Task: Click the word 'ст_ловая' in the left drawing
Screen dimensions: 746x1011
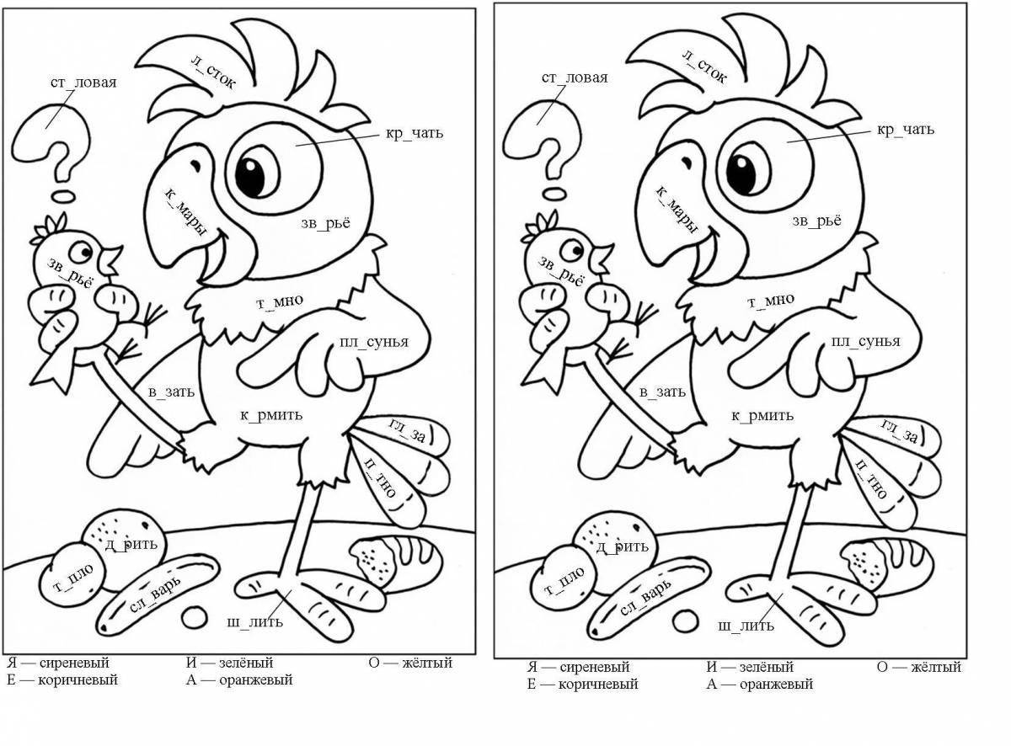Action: pos(82,83)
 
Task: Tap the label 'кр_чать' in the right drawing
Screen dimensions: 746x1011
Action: pos(906,130)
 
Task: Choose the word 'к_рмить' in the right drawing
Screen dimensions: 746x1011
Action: pos(762,415)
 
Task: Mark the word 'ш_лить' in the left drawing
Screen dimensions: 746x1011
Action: pos(255,622)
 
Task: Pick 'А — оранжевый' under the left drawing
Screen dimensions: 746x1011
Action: pos(239,679)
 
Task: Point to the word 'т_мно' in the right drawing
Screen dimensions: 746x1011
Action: pos(771,301)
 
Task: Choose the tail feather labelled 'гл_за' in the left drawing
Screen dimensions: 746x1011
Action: pos(409,431)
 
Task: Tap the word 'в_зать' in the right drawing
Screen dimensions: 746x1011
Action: pos(662,392)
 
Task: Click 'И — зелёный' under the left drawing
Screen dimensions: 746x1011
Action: pos(230,663)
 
